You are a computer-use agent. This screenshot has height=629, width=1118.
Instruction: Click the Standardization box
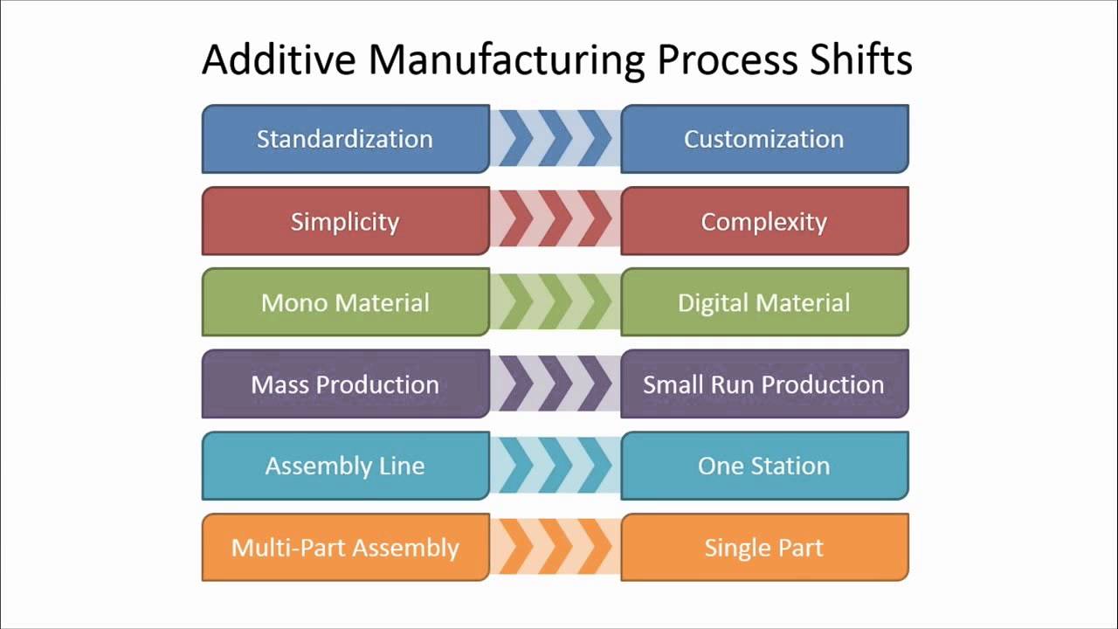[345, 139]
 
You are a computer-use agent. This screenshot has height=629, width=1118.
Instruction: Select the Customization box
[764, 139]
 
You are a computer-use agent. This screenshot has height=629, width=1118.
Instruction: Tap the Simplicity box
[345, 221]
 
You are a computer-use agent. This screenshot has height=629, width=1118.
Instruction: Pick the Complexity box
[764, 221]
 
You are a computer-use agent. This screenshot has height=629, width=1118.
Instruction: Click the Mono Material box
[345, 302]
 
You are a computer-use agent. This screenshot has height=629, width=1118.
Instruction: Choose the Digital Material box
[764, 302]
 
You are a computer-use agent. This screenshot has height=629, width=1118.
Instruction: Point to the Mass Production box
[345, 384]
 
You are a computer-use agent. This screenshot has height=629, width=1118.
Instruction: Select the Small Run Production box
[764, 384]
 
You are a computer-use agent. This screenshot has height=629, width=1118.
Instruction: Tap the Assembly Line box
[345, 466]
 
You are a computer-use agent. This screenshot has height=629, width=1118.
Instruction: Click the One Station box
[764, 466]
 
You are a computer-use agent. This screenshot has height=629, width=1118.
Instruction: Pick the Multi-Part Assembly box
[345, 548]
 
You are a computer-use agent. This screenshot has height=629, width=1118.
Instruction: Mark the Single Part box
[764, 548]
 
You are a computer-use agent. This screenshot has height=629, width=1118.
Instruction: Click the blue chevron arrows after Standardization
[555, 139]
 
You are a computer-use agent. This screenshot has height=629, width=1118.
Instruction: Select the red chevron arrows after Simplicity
[555, 221]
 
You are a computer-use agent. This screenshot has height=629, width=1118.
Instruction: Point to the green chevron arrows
[555, 302]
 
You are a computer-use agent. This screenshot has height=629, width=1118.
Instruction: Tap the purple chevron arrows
[555, 384]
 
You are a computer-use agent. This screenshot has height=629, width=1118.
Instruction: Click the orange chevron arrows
[555, 548]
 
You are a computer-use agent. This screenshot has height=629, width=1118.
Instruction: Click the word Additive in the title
[278, 60]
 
